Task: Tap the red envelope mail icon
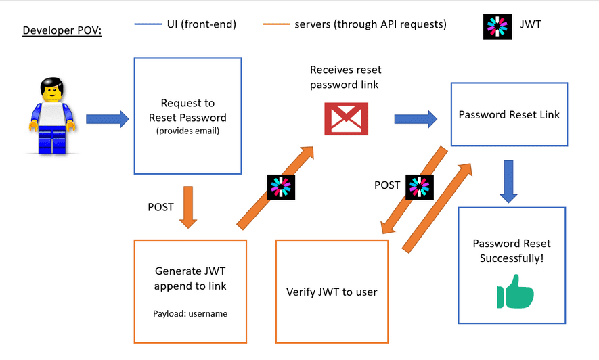tap(345, 118)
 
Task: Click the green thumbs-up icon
tap(515, 292)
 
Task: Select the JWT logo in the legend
tap(497, 25)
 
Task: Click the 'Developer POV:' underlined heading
tap(62, 30)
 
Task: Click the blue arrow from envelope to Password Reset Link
tap(416, 119)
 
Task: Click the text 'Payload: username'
tap(190, 314)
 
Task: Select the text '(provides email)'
tap(187, 131)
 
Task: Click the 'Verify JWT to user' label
tap(332, 292)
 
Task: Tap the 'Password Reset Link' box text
tap(509, 114)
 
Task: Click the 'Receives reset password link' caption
tap(344, 77)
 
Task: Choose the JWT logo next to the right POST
tap(419, 186)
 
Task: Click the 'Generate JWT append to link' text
tap(190, 278)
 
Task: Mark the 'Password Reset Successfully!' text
tap(512, 250)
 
